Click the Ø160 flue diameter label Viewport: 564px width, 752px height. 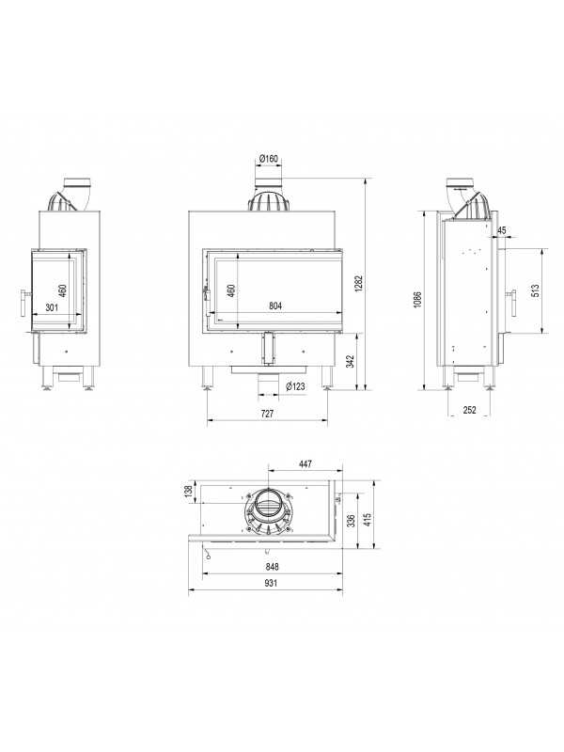click(x=269, y=158)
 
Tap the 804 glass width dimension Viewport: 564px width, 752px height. click(x=275, y=305)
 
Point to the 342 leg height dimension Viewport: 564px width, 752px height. click(x=350, y=362)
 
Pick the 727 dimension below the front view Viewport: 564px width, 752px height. click(x=268, y=413)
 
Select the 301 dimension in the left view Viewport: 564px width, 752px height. click(x=52, y=307)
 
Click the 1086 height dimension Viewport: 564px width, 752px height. click(x=417, y=300)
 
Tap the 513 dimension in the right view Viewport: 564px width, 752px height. click(x=536, y=291)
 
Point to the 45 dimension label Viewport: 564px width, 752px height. click(x=502, y=230)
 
